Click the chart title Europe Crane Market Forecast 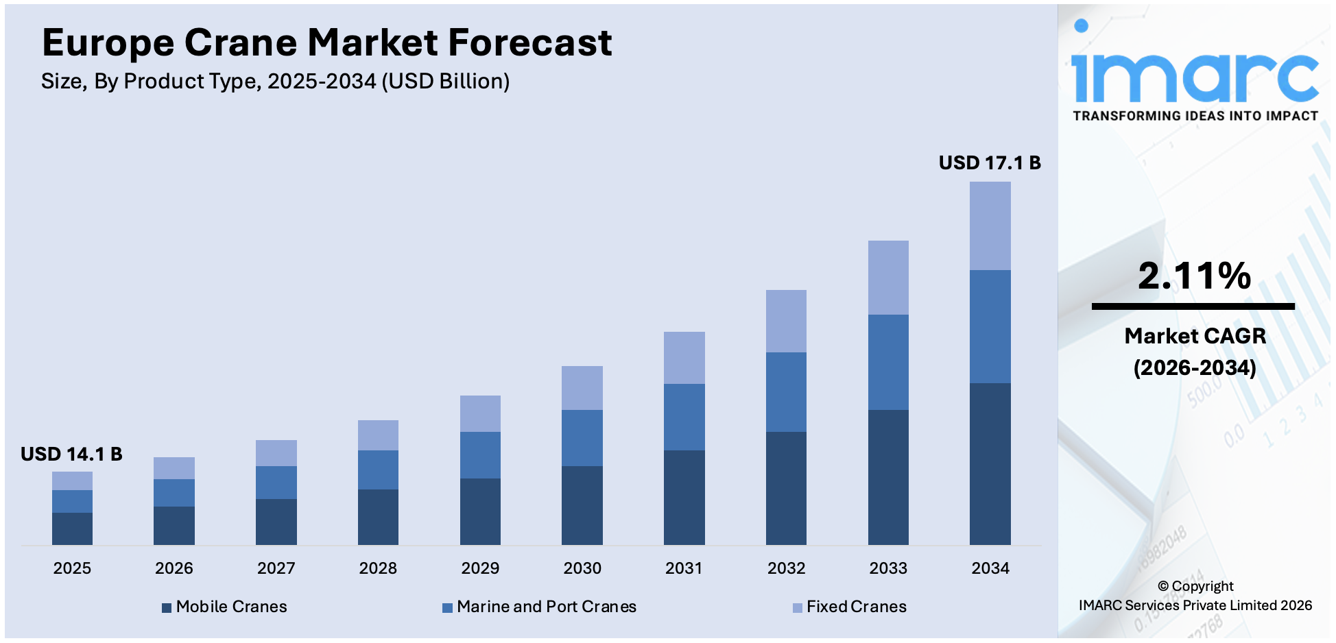pos(326,43)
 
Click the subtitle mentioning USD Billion pos(275,82)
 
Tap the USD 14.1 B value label pos(71,454)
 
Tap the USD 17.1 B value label pos(989,162)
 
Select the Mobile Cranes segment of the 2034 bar pos(990,463)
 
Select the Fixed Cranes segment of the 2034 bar pos(990,226)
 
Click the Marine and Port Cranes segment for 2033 pos(888,362)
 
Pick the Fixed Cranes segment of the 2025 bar pos(72,481)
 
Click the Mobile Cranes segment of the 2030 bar pos(582,505)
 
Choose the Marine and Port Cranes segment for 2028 pos(378,470)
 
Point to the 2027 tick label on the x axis pos(276,568)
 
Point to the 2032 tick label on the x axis pos(786,568)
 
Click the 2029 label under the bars pos(480,568)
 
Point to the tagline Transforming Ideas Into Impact pos(1195,116)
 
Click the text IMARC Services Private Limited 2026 pos(1195,605)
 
